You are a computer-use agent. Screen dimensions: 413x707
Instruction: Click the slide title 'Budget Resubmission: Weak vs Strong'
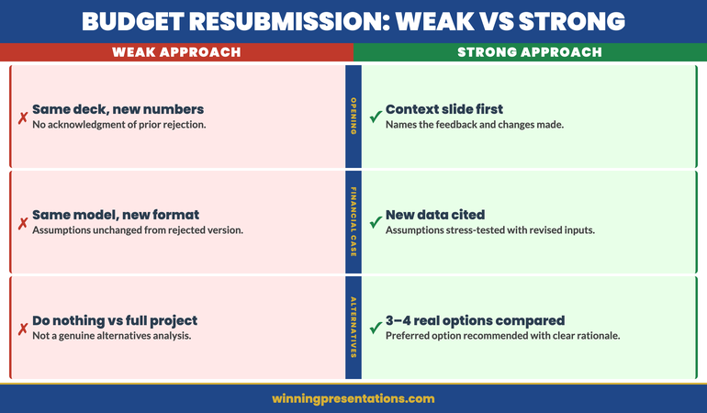tap(353, 21)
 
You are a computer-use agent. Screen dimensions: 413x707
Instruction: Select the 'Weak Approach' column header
tap(176, 52)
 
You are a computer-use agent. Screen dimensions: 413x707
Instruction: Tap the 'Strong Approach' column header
tap(530, 52)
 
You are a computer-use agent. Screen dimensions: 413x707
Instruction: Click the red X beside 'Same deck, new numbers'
tap(22, 117)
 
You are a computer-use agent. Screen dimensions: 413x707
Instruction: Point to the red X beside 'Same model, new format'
tap(22, 223)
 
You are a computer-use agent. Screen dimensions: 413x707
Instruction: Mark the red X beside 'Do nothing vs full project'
tap(22, 329)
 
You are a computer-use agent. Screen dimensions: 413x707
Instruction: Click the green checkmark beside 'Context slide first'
tap(376, 117)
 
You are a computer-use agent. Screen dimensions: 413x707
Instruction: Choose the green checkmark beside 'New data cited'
tap(376, 223)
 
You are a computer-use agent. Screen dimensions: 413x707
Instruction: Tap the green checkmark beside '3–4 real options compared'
tap(376, 329)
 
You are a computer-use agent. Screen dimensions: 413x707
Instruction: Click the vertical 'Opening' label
tap(353, 117)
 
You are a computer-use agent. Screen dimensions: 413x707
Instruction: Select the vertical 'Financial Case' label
tap(353, 222)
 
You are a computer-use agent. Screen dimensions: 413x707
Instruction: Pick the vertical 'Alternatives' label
tap(353, 328)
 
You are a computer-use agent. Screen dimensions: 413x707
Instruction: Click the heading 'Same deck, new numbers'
tap(118, 109)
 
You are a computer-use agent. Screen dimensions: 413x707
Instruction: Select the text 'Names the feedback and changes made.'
tap(475, 125)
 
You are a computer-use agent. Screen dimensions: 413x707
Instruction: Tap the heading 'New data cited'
tap(435, 215)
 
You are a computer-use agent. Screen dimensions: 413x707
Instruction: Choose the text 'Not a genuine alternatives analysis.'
tap(111, 336)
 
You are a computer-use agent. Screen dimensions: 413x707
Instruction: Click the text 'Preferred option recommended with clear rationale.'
tap(502, 336)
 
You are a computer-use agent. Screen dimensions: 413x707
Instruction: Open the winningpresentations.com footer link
tap(353, 398)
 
